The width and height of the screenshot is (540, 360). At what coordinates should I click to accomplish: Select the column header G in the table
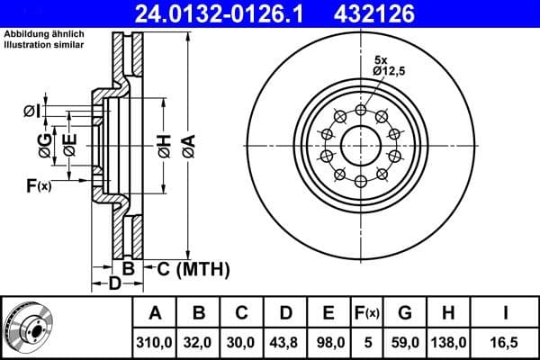tap(404, 313)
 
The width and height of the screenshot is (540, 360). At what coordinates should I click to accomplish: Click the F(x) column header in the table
tap(367, 313)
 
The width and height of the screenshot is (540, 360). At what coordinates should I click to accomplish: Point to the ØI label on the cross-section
tap(31, 111)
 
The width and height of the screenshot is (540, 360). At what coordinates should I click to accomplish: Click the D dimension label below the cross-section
tap(113, 284)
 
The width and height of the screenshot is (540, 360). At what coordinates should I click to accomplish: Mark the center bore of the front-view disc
tap(361, 146)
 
